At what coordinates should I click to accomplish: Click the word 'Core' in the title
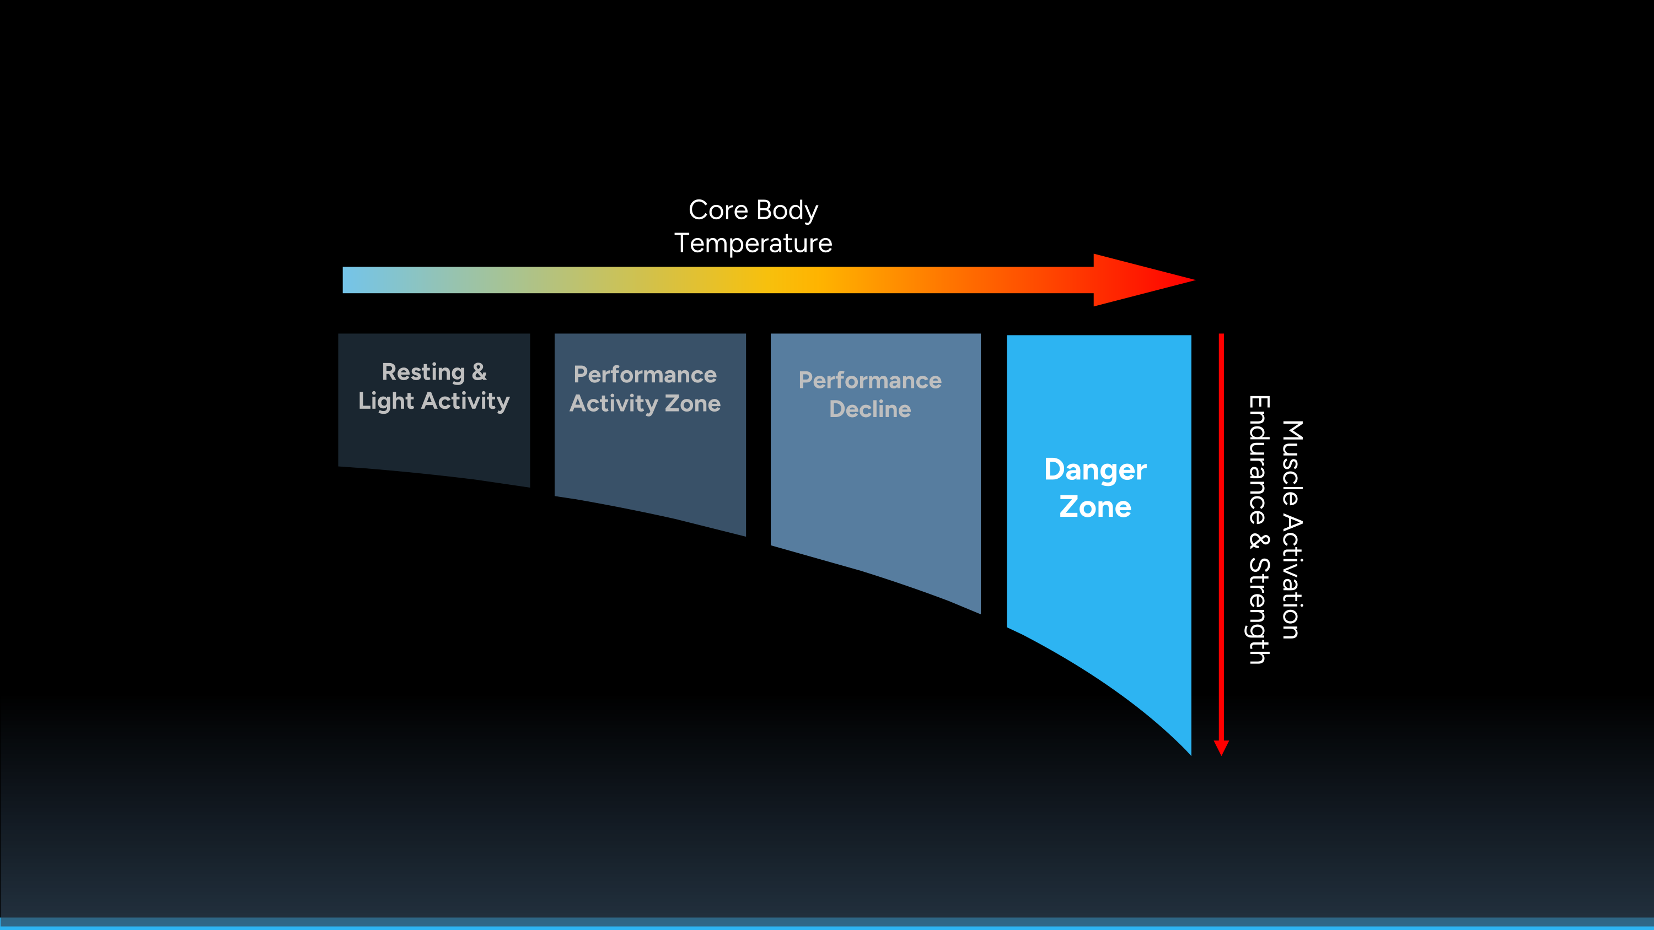pos(718,210)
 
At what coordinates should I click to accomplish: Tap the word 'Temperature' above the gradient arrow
pos(753,244)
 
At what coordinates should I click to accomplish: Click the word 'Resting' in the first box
pos(423,372)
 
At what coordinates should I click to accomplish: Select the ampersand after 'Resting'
pos(479,372)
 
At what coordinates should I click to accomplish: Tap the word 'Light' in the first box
pos(386,402)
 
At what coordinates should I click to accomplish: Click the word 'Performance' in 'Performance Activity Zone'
pos(645,375)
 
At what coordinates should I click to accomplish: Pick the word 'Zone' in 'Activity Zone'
pos(692,404)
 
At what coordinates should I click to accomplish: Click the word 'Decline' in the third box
pos(870,409)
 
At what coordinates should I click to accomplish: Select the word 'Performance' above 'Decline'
pos(870,381)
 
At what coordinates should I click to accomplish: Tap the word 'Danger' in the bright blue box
pos(1095,471)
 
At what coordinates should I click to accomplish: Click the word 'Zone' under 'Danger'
pos(1095,507)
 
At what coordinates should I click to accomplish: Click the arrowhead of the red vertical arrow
pos(1221,748)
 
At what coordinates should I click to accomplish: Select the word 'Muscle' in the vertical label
pos(1292,463)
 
